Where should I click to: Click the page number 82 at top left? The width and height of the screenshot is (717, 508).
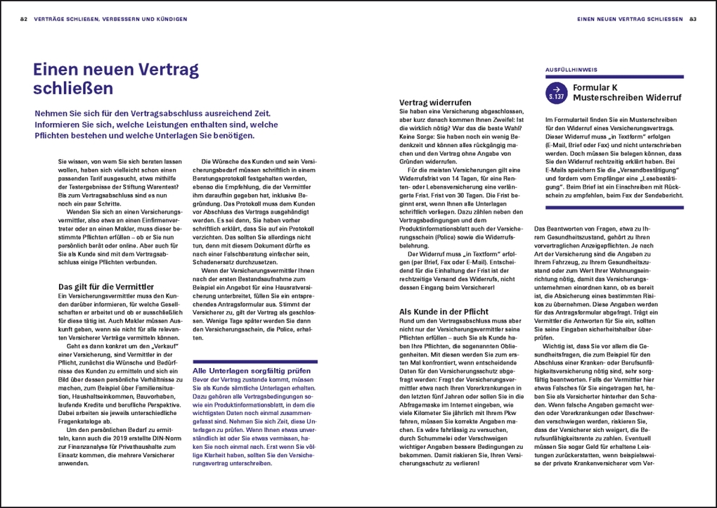pos(23,19)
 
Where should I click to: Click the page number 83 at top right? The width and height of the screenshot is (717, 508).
pos(693,19)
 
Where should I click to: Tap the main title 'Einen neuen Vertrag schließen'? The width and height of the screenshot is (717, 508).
pos(116,79)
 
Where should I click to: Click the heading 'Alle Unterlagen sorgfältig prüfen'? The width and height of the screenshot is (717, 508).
pos(251,370)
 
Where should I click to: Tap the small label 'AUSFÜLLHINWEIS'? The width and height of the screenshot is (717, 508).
pos(567,70)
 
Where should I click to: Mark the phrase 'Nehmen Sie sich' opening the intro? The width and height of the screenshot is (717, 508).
pos(71,113)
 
